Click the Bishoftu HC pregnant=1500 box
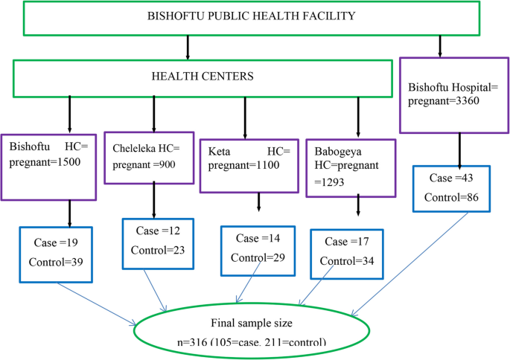tap(48, 167)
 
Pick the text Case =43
tap(447, 179)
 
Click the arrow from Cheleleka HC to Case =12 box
tap(154, 200)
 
